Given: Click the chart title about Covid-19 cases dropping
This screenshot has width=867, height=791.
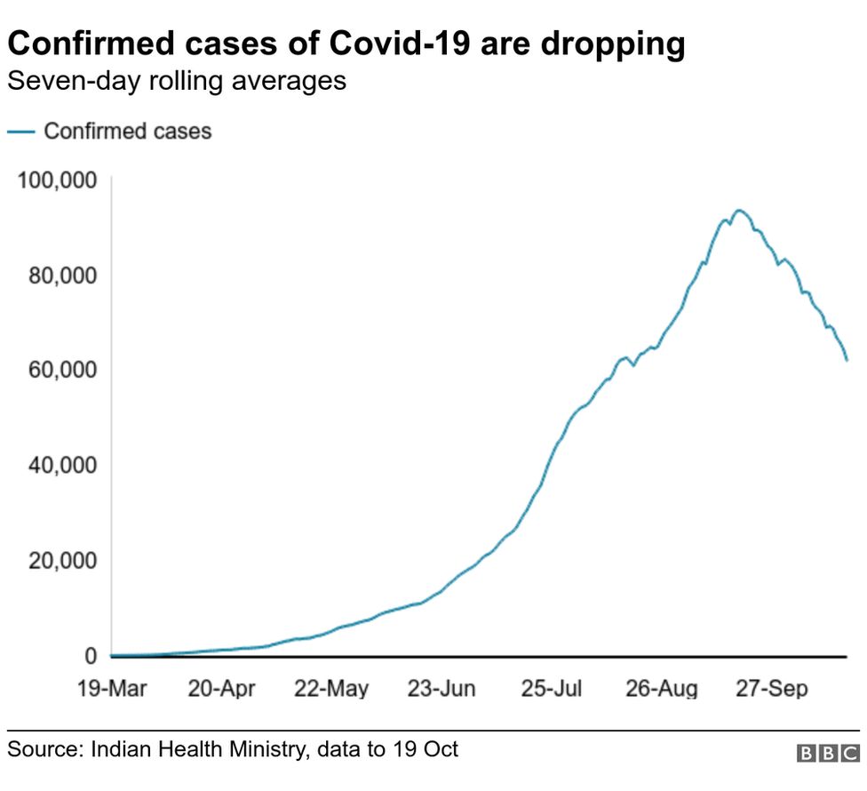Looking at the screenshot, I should pyautogui.click(x=346, y=44).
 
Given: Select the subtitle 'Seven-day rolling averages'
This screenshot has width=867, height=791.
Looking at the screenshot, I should pyautogui.click(x=176, y=83).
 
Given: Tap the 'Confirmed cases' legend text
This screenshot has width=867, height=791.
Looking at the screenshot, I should pyautogui.click(x=128, y=132).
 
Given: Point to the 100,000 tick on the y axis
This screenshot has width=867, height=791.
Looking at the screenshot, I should pyautogui.click(x=56, y=180).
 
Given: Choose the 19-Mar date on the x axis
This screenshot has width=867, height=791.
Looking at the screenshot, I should pyautogui.click(x=111, y=689).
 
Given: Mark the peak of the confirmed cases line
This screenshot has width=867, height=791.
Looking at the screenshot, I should pyautogui.click(x=738, y=211).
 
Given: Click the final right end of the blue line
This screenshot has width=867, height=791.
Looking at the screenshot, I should pyautogui.click(x=847, y=360).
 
